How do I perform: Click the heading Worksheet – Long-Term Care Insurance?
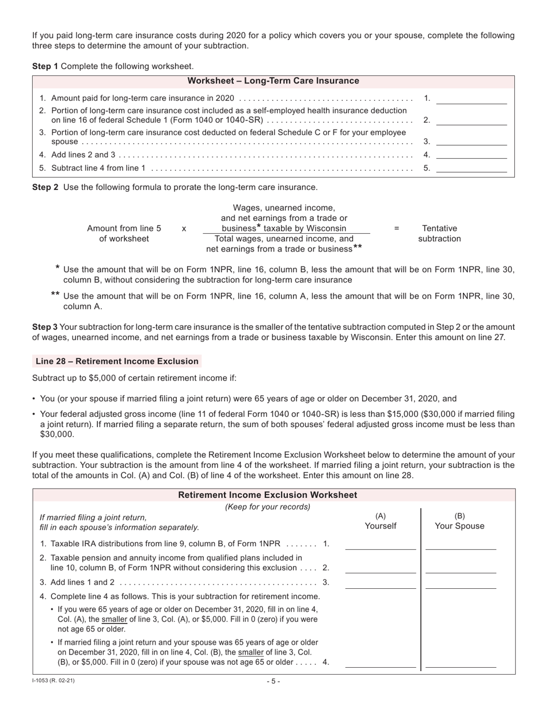tap(273, 81)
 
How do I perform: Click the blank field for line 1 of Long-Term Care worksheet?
tap(471, 99)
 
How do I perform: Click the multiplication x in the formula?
tap(184, 229)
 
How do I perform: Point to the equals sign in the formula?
tap(396, 229)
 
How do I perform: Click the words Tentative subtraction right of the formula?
tap(439, 233)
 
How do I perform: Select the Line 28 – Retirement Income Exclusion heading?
tap(117, 361)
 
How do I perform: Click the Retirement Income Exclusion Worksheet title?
tap(268, 495)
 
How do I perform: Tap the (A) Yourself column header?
tap(380, 521)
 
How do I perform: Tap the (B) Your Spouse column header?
tap(459, 521)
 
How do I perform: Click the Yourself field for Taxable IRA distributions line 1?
tap(380, 545)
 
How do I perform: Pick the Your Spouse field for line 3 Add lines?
tap(460, 583)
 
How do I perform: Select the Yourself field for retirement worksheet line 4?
tap(380, 662)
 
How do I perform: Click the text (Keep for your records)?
tap(268, 507)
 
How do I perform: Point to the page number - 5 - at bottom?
tap(273, 682)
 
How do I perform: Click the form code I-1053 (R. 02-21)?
tap(53, 681)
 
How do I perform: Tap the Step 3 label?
tap(45, 326)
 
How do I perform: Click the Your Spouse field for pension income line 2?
tap(460, 568)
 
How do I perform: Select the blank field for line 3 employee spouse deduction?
tap(471, 141)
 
